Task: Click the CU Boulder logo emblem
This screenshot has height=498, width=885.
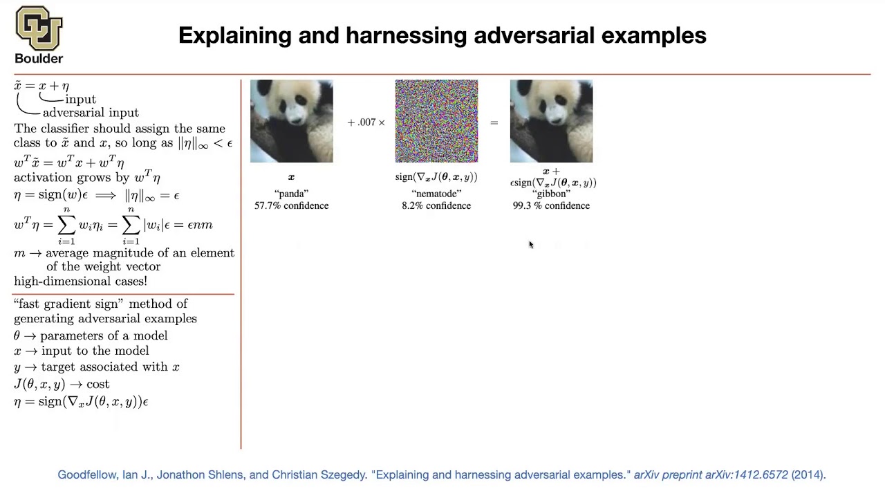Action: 39,28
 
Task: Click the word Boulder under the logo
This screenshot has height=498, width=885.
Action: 39,59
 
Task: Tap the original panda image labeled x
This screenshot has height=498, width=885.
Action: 291,121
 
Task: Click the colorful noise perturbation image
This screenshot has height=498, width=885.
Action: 436,121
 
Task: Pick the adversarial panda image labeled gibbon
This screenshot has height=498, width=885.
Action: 551,121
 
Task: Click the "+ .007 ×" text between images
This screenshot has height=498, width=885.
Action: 366,122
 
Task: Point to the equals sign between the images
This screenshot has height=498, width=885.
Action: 494,122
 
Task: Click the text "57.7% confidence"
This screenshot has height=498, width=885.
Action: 291,205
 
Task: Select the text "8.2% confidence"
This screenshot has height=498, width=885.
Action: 436,205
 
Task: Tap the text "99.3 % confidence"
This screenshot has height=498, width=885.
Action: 551,205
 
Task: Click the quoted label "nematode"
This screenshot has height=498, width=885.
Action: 436,194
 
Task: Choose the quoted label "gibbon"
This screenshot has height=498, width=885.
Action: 551,194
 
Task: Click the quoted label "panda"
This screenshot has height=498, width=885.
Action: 291,194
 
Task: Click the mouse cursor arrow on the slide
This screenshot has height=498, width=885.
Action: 531,244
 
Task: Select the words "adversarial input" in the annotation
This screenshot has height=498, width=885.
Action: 91,113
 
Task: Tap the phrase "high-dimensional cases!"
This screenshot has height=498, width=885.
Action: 80,282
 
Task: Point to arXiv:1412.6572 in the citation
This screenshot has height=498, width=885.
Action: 746,474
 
